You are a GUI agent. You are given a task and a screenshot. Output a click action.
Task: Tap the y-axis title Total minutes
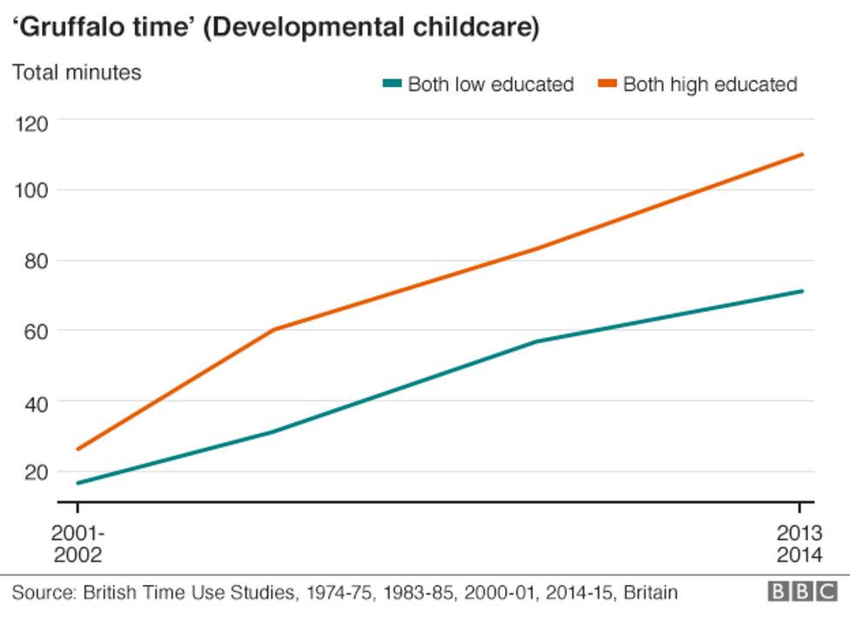(x=77, y=72)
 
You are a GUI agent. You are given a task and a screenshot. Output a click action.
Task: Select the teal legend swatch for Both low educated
(x=392, y=84)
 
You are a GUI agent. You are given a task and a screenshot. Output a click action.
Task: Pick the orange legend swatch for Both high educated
(x=607, y=84)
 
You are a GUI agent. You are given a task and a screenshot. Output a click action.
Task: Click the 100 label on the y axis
(x=32, y=191)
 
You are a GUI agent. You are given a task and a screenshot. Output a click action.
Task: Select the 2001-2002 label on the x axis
(x=77, y=544)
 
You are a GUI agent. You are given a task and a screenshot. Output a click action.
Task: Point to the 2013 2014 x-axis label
(x=799, y=544)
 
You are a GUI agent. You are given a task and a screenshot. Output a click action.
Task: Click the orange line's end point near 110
(x=802, y=154)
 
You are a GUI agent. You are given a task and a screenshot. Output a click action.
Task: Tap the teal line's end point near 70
(x=802, y=291)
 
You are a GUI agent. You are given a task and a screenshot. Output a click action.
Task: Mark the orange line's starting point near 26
(x=78, y=449)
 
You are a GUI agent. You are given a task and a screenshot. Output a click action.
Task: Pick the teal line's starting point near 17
(x=78, y=483)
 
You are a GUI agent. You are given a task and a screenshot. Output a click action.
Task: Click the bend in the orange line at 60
(x=273, y=330)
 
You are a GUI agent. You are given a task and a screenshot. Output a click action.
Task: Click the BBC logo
(x=801, y=593)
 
